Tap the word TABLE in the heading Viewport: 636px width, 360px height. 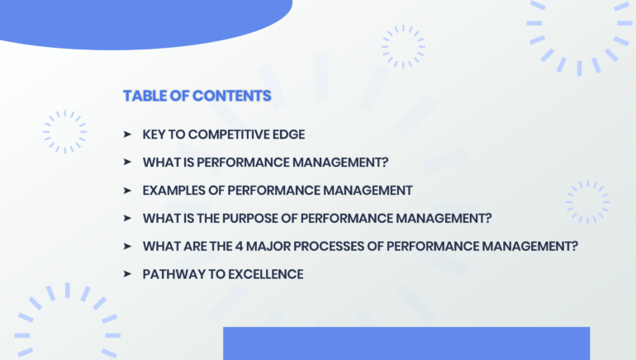click(143, 96)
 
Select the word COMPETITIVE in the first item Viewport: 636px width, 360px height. click(223, 134)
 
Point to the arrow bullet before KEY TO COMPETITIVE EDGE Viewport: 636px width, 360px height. click(127, 134)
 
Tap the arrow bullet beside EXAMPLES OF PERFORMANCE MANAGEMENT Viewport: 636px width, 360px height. click(127, 190)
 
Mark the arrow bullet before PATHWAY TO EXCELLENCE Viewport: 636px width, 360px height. click(127, 274)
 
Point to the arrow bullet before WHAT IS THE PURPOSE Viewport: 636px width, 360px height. click(127, 218)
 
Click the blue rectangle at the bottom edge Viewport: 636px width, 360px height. click(406, 343)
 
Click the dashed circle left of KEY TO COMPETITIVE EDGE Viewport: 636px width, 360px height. click(65, 132)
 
